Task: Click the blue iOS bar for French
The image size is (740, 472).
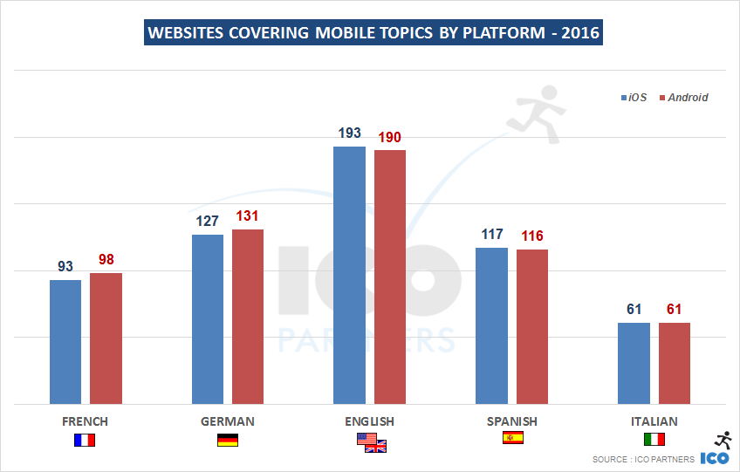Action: (x=65, y=342)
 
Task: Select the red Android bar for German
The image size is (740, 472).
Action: (x=248, y=317)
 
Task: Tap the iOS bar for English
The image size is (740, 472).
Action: (x=349, y=275)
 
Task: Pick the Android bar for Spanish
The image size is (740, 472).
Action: (x=532, y=326)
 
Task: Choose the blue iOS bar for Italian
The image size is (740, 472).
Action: (x=634, y=363)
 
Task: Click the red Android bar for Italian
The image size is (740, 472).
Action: (x=675, y=363)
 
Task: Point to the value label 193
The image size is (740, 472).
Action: (x=349, y=133)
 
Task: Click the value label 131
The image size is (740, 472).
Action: (x=248, y=216)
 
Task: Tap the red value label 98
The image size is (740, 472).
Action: (x=106, y=260)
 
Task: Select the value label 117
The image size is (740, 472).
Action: (x=492, y=234)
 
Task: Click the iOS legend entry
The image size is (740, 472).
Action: (x=634, y=98)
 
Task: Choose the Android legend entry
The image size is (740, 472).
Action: (x=683, y=98)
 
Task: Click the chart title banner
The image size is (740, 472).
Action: (x=373, y=33)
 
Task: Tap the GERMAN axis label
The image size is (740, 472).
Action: (x=228, y=421)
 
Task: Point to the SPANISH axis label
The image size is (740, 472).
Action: (x=512, y=421)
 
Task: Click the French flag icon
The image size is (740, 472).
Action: (x=85, y=440)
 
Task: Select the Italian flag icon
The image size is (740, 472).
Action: (x=654, y=439)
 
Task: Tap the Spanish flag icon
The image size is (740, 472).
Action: (x=513, y=439)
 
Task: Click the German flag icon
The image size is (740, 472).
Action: (x=227, y=440)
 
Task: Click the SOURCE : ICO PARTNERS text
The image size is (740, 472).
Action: (x=642, y=459)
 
